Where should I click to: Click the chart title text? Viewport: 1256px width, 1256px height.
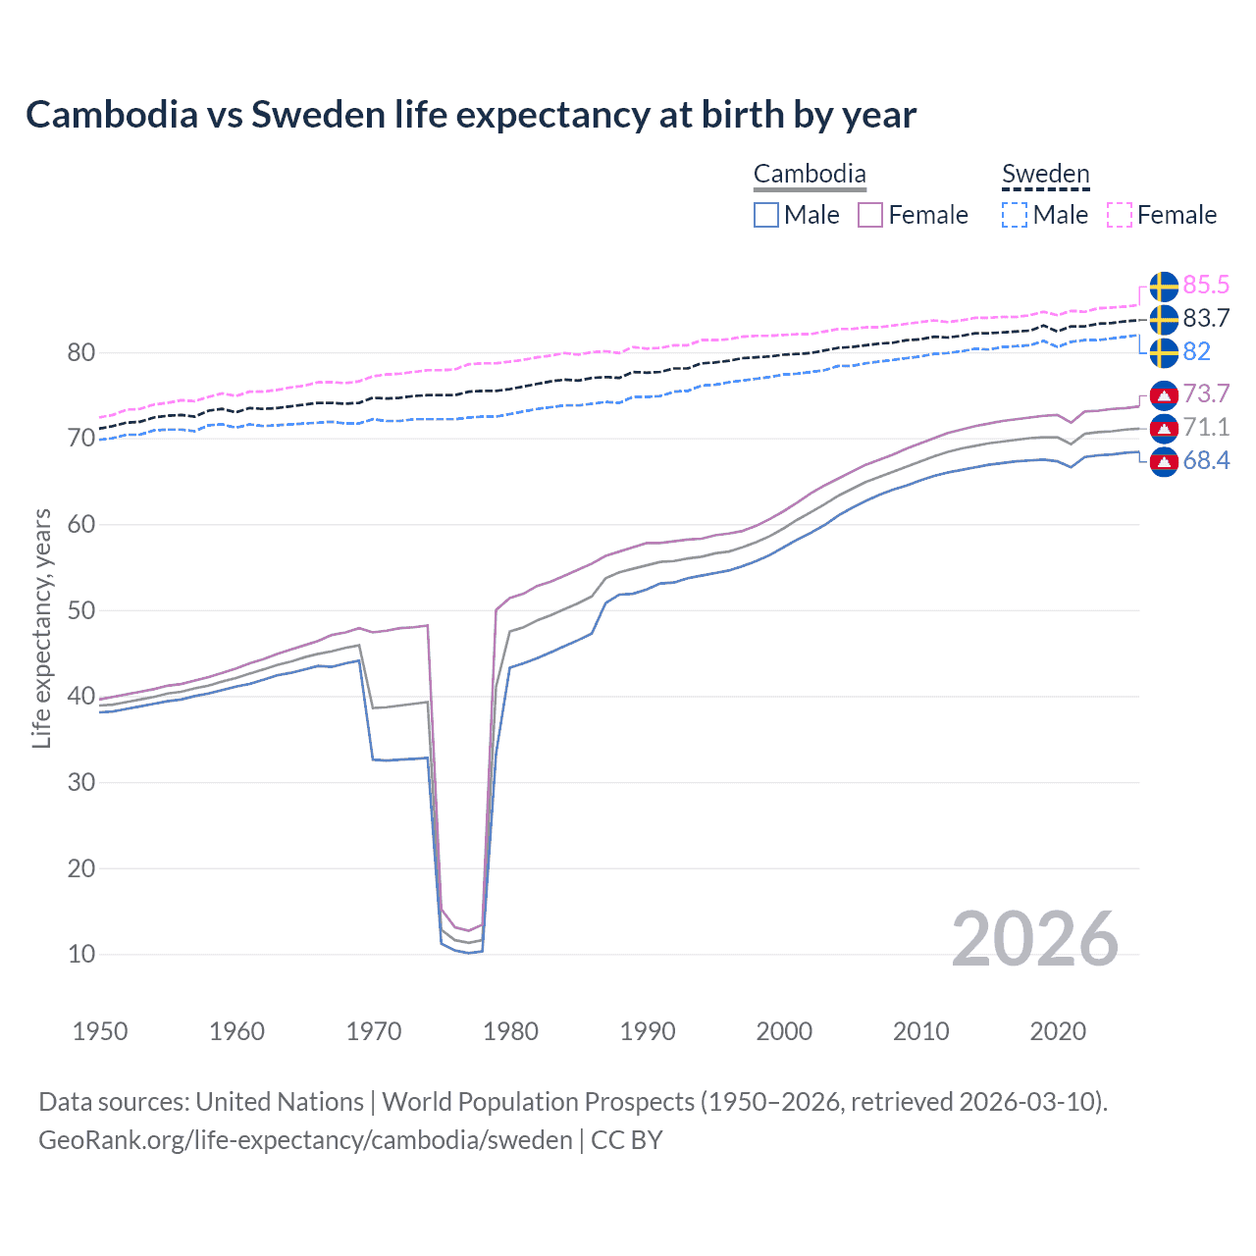coord(471,115)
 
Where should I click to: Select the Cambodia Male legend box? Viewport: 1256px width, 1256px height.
coord(766,215)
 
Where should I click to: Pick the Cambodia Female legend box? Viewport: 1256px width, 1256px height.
coord(870,215)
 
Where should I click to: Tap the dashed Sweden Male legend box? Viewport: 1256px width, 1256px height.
coord(1015,215)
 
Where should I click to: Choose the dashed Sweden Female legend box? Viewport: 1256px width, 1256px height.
coord(1120,215)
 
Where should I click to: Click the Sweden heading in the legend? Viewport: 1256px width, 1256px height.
coord(1045,175)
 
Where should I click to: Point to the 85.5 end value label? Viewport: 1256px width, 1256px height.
coord(1206,286)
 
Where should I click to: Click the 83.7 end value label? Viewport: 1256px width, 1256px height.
coord(1206,319)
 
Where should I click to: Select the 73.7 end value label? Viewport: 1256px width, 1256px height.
coord(1206,394)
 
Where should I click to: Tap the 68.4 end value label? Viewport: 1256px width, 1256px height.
coord(1206,461)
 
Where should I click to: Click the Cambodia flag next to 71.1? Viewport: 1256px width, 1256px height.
coord(1164,428)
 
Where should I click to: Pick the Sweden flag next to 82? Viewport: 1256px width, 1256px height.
coord(1164,352)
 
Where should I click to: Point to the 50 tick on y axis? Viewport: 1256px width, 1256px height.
coord(80,610)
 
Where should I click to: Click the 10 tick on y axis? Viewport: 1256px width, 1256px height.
coord(80,954)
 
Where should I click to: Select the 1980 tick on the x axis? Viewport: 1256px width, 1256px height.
coord(510,1031)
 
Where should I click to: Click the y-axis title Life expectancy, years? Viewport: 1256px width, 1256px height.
coord(41,628)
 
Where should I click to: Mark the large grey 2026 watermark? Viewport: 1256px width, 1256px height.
coord(1035,939)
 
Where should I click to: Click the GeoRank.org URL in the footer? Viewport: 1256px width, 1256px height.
coord(305,1140)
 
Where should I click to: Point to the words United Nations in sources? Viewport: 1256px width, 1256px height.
coord(280,1102)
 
